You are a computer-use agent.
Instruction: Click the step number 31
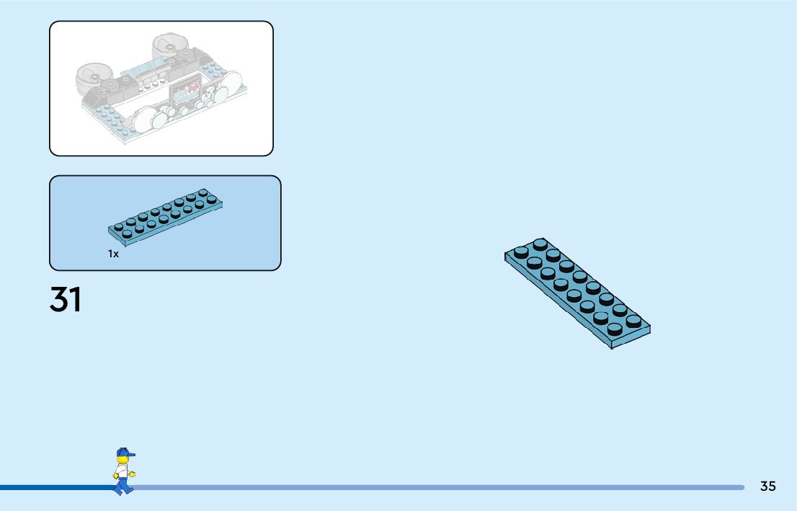pyautogui.click(x=66, y=299)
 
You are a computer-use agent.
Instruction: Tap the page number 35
pyautogui.click(x=767, y=486)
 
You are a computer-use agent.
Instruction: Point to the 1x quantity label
pyautogui.click(x=113, y=254)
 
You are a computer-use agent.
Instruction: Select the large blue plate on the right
pyautogui.click(x=577, y=292)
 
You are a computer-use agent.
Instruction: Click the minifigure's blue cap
pyautogui.click(x=125, y=453)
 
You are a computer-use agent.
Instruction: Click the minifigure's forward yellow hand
pyautogui.click(x=132, y=474)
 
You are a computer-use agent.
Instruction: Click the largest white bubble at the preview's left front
pyautogui.click(x=148, y=119)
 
